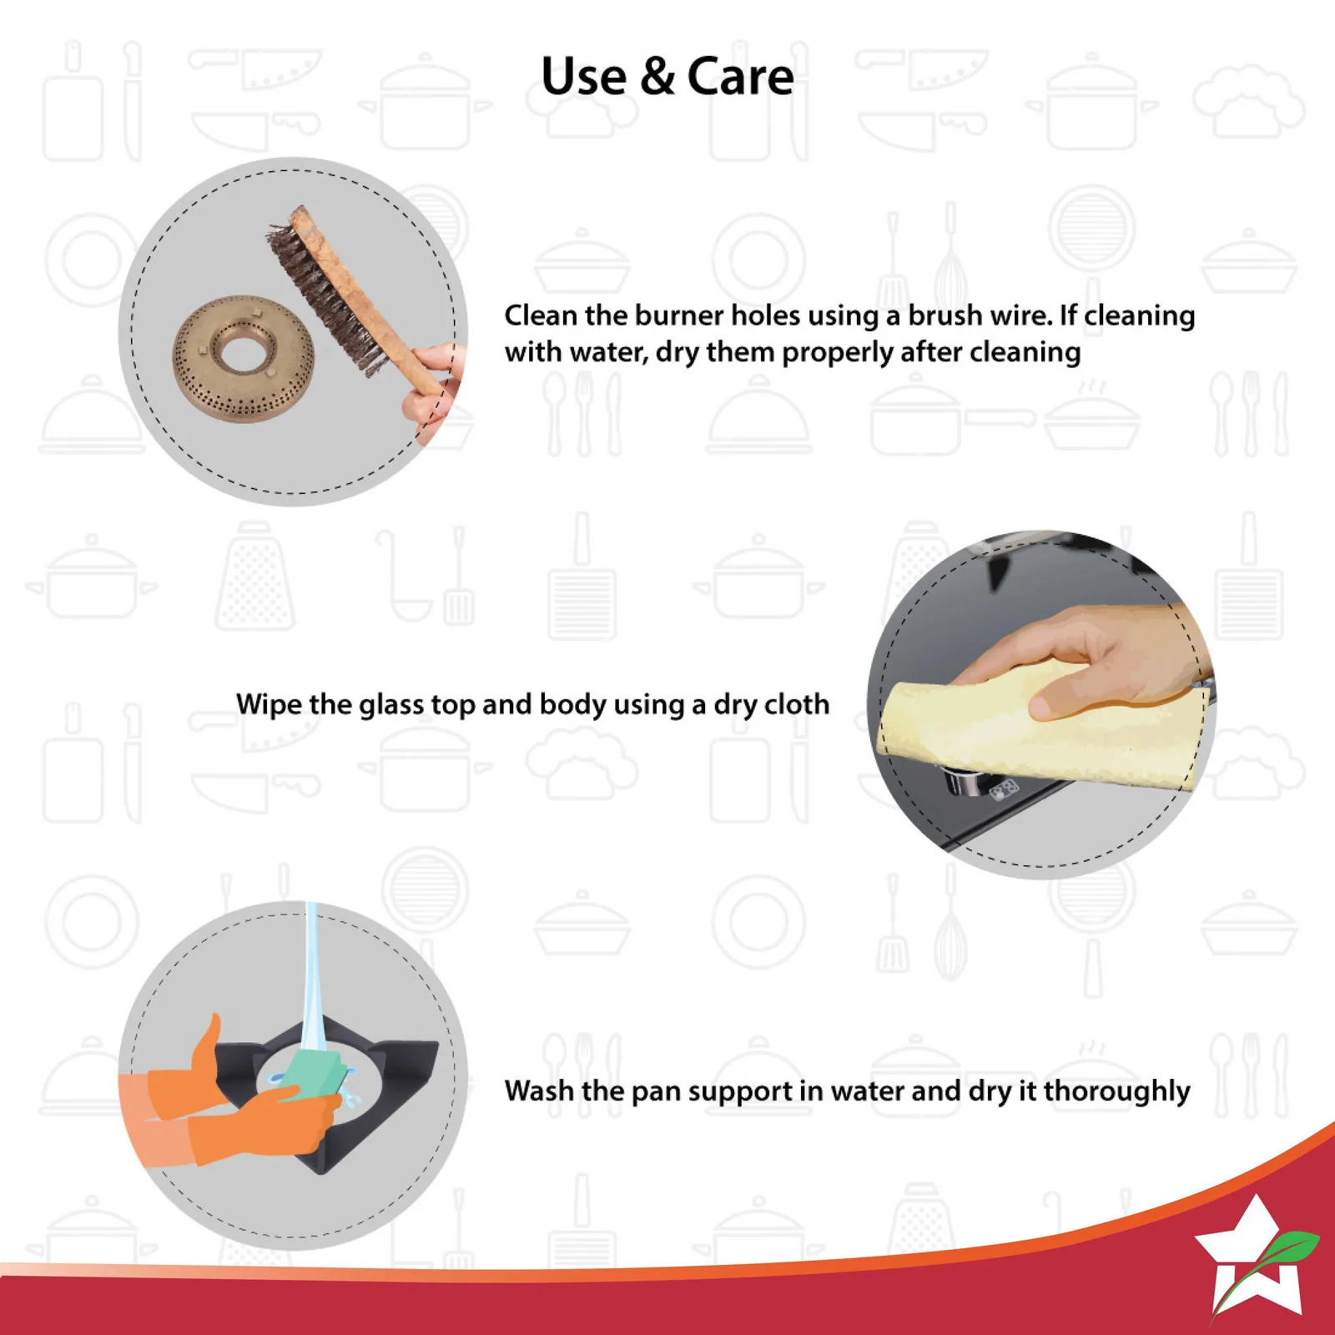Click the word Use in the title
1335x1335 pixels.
(x=584, y=77)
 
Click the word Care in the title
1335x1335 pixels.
(x=740, y=77)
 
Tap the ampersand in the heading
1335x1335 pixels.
(x=657, y=77)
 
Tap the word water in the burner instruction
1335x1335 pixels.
(x=608, y=353)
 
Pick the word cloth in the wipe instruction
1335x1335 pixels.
(x=797, y=704)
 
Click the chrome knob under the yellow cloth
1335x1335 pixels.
(x=964, y=784)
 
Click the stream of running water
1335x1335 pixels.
(x=310, y=985)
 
